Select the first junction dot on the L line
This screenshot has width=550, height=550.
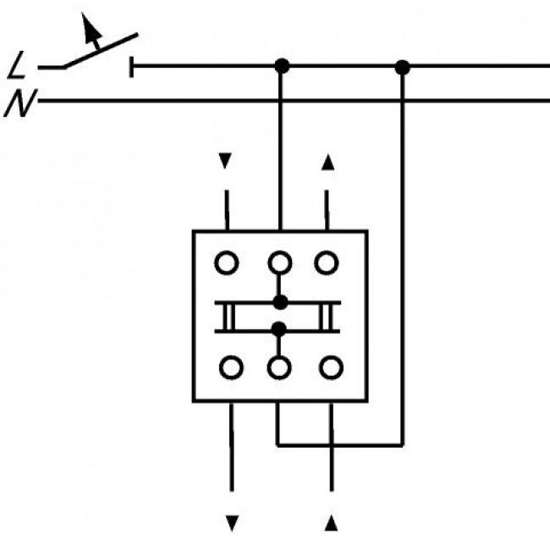[282, 65]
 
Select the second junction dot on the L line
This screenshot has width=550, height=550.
[403, 65]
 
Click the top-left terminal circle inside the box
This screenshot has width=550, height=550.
[227, 263]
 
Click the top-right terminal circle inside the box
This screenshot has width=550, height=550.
[327, 263]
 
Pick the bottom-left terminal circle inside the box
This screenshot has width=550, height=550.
[230, 367]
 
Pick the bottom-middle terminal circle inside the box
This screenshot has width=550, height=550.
[280, 367]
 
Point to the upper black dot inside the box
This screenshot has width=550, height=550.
[280, 302]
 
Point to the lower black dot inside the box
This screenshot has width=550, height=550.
[280, 329]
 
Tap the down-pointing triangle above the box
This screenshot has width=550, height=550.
[224, 159]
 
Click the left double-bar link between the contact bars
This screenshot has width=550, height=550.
[226, 316]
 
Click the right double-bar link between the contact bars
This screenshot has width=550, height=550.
[331, 316]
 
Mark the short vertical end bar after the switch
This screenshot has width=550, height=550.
[132, 65]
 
